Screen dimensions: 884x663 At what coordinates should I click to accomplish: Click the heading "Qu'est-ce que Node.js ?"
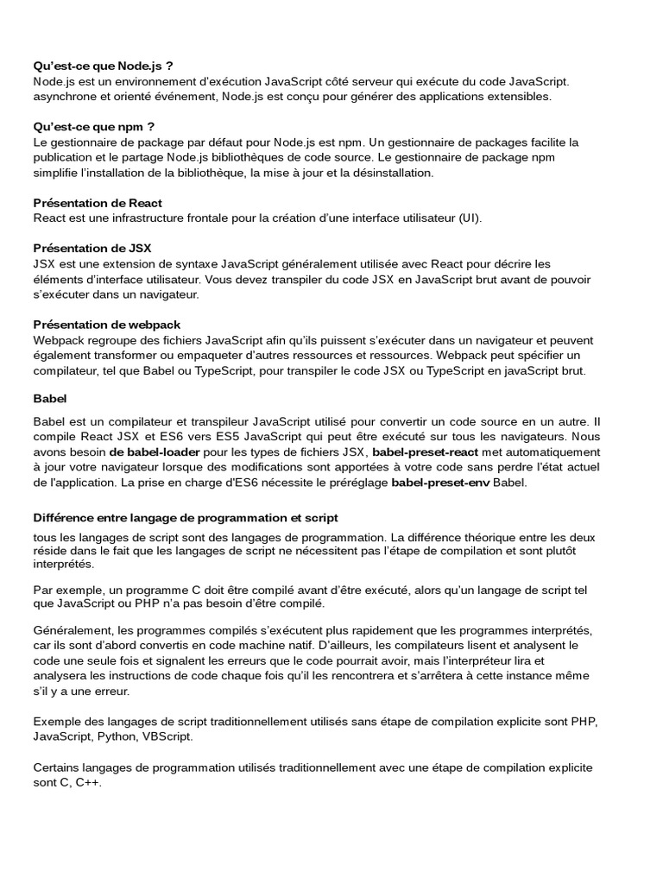pos(103,66)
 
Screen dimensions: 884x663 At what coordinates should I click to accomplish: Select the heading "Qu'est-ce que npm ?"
pos(93,126)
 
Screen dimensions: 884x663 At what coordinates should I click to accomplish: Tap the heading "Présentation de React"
pos(98,203)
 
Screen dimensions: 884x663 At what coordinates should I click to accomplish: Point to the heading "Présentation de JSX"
pos(92,248)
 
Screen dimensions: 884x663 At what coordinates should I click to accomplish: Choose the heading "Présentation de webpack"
pos(106,324)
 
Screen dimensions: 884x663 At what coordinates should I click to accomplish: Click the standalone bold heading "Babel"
pos(50,400)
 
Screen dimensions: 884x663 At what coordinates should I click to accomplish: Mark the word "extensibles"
pos(519,97)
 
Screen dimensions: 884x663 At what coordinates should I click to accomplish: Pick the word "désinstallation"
pos(388,173)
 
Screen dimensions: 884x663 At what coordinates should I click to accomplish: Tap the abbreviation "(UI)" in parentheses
pos(469,218)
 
